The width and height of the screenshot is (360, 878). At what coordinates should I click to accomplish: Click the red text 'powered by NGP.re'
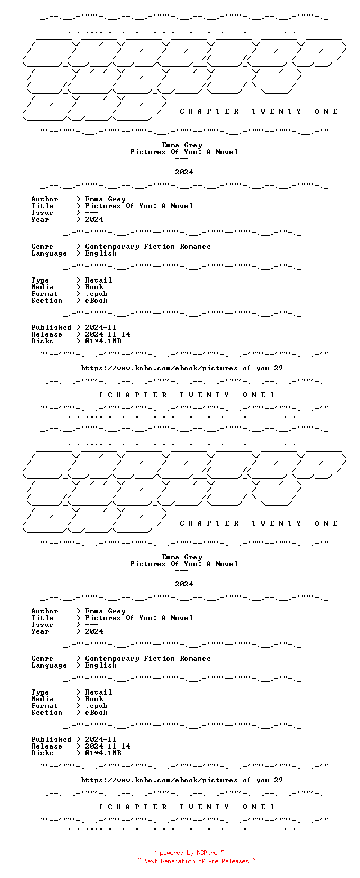tap(188, 853)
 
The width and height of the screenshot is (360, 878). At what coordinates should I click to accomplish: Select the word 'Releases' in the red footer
tap(235, 861)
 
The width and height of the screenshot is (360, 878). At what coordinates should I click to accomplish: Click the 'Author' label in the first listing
tap(44, 199)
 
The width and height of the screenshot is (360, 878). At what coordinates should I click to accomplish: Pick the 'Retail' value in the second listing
tap(98, 692)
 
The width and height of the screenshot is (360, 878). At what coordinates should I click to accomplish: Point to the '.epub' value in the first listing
tap(96, 294)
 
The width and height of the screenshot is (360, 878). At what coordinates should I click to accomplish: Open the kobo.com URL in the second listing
tap(182, 780)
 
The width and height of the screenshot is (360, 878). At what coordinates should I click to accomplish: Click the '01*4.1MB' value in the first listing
tap(103, 341)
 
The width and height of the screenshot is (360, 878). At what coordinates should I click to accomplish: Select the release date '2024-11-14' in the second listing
tap(108, 746)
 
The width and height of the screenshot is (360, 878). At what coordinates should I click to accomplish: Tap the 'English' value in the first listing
tap(101, 254)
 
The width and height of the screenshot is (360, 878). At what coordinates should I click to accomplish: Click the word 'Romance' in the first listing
tap(195, 247)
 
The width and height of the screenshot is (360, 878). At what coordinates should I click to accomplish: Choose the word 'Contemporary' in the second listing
tap(112, 658)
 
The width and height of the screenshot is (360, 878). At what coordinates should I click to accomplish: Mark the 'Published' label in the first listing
tap(51, 328)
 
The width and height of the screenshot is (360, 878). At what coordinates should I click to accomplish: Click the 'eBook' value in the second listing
tap(96, 713)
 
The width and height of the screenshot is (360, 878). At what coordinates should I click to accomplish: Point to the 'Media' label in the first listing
tap(42, 287)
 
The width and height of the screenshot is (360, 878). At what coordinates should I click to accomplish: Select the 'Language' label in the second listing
tap(49, 666)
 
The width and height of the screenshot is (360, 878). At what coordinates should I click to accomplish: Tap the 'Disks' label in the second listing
tap(42, 753)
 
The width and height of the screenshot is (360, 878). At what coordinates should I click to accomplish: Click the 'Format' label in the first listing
tap(44, 294)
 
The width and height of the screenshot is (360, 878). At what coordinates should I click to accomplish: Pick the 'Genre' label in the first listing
tap(42, 247)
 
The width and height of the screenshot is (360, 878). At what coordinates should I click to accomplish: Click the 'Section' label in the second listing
tap(47, 713)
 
